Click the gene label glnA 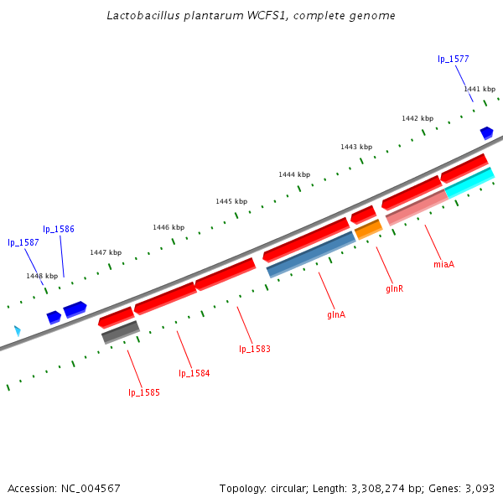click(336, 315)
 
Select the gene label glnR click(395, 288)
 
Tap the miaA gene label click(443, 265)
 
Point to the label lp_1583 click(255, 349)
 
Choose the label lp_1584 click(194, 373)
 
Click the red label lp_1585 click(143, 392)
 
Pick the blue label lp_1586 click(59, 229)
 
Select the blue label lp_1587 click(23, 242)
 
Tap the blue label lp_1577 click(454, 60)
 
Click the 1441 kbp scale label click(480, 89)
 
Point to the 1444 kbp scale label click(295, 174)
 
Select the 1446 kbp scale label click(169, 227)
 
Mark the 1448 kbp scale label click(42, 276)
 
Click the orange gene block click(369, 230)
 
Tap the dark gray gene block click(120, 332)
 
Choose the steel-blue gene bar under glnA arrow click(311, 255)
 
